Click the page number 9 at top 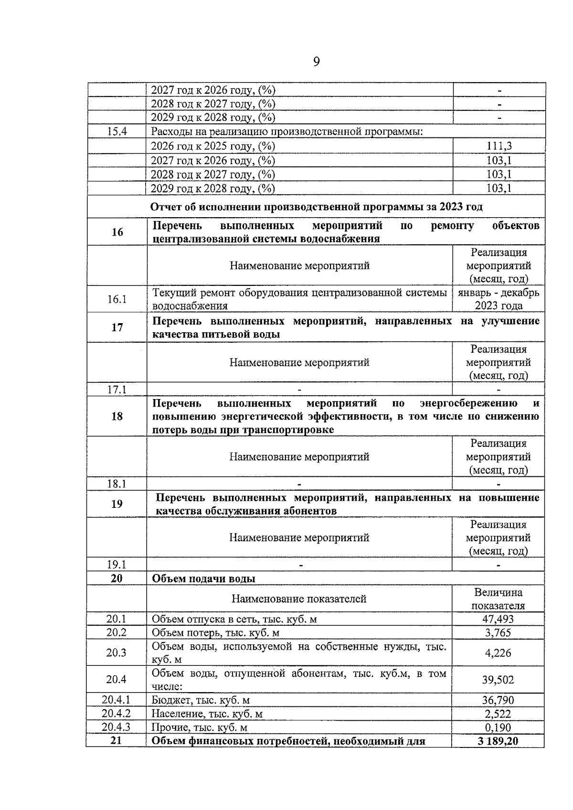[x=316, y=62]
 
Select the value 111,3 [x=499, y=146]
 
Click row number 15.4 [x=117, y=132]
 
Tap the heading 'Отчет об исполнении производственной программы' [x=316, y=207]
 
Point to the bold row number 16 [x=117, y=232]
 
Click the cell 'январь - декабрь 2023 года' [x=499, y=299]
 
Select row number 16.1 [x=117, y=299]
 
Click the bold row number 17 [x=117, y=327]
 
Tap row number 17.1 [x=117, y=389]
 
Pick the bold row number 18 [x=117, y=416]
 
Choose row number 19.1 [x=117, y=565]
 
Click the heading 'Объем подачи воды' [x=203, y=579]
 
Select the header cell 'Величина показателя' [x=498, y=599]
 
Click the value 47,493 [x=498, y=619]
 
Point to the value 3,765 [x=498, y=633]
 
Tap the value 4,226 [x=498, y=652]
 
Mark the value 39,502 [x=498, y=680]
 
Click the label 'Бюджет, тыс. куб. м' [x=201, y=700]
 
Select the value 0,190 [x=498, y=727]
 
